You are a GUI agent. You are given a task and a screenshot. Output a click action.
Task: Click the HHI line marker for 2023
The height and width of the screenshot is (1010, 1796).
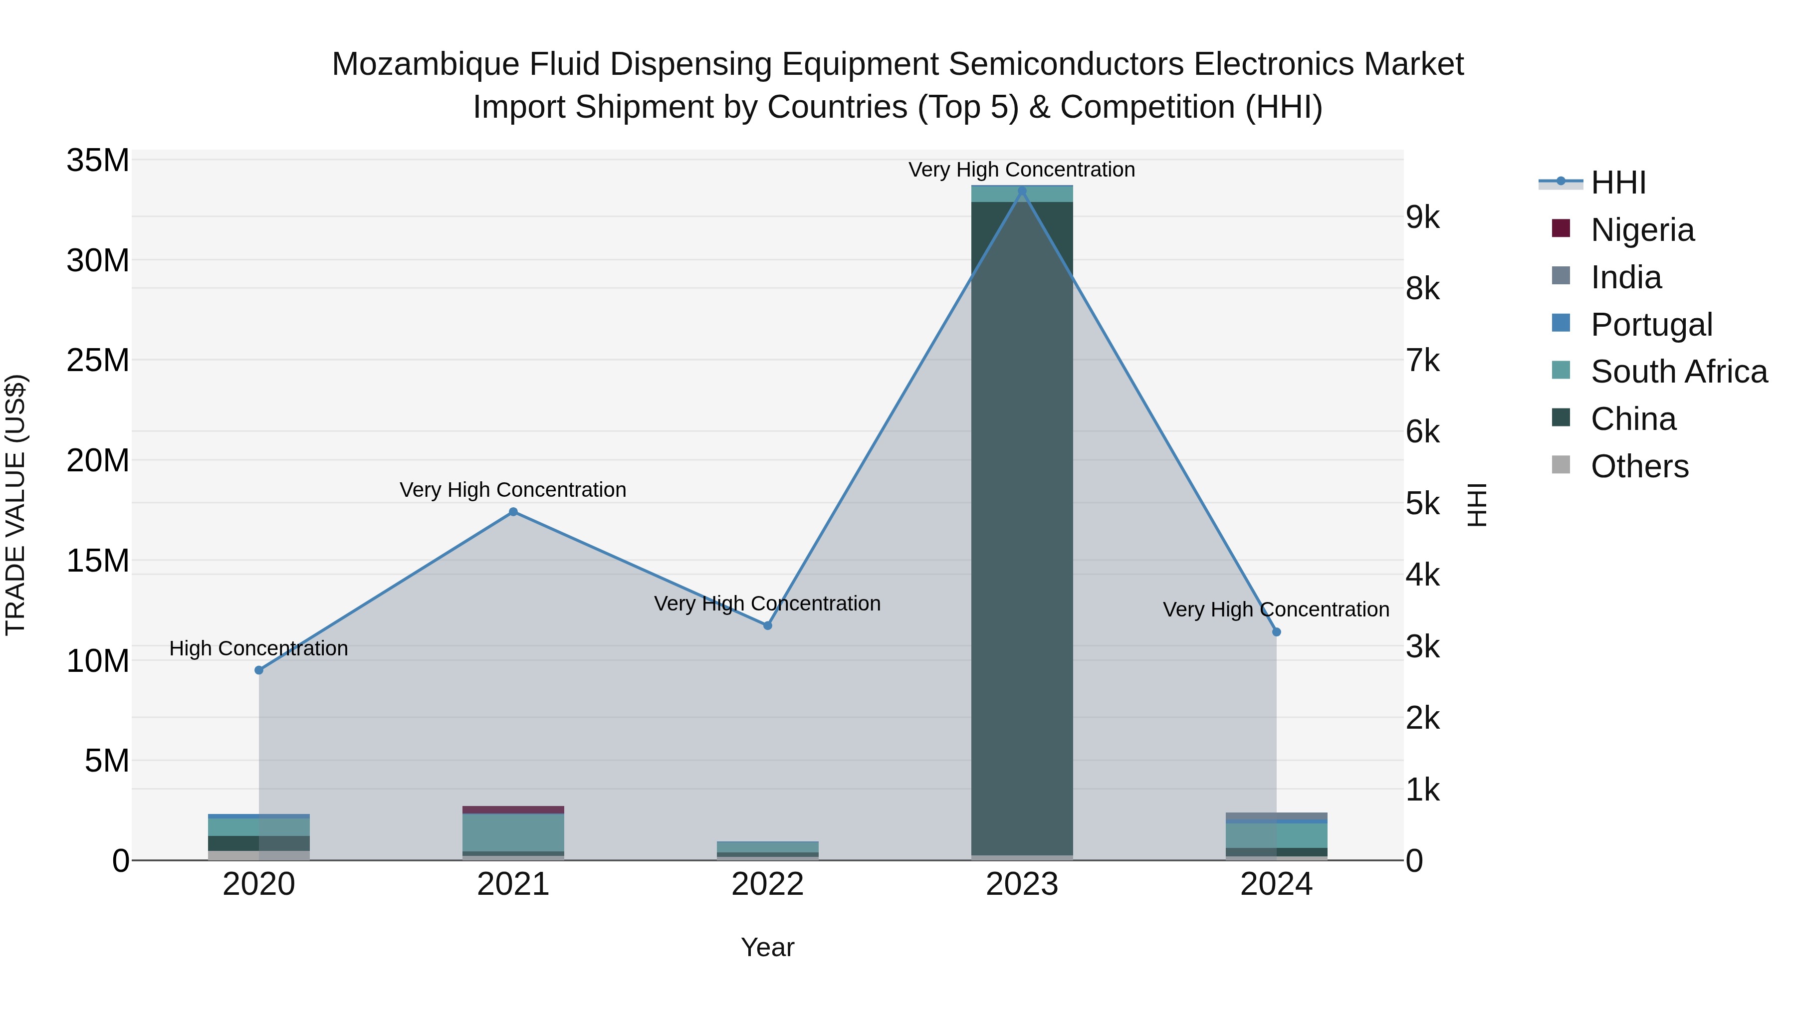(x=1022, y=191)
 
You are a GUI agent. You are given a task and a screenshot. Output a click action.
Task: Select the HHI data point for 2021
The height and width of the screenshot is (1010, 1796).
(x=513, y=512)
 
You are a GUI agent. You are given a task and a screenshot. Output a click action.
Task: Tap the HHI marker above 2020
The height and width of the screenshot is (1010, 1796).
(x=258, y=670)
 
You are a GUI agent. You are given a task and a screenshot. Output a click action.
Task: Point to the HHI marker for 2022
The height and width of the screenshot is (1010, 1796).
(x=768, y=625)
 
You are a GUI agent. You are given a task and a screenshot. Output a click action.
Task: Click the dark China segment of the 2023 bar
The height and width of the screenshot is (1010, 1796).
(x=1022, y=523)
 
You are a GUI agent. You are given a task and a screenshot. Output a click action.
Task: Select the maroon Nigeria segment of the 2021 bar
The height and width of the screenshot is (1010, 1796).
(x=513, y=810)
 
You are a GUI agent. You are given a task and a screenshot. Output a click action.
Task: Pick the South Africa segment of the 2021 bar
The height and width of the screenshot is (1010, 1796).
(x=513, y=832)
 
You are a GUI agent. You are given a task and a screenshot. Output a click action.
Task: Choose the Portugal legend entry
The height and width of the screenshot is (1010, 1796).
(x=1651, y=325)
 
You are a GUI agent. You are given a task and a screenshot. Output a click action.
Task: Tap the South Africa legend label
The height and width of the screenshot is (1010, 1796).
(x=1679, y=372)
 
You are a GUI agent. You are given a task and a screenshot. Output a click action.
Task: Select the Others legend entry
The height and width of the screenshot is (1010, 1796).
(x=1639, y=466)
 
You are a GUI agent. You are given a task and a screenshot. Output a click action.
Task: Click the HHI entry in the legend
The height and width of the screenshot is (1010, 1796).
(x=1617, y=183)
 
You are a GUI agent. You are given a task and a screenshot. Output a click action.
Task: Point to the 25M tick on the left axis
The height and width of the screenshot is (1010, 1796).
(x=98, y=361)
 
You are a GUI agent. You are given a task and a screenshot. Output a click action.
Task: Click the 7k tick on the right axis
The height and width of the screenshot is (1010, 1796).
(x=1422, y=361)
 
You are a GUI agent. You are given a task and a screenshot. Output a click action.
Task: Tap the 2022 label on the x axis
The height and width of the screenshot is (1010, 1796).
(x=768, y=884)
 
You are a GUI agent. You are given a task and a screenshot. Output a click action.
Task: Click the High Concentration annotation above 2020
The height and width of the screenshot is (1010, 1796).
(x=258, y=648)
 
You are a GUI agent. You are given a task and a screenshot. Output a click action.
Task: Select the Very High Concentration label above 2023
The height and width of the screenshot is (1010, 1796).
(x=1022, y=170)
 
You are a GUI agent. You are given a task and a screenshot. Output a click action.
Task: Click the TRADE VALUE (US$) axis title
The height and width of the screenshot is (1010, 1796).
(x=15, y=505)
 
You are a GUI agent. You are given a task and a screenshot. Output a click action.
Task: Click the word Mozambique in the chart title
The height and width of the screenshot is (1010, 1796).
(x=425, y=64)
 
